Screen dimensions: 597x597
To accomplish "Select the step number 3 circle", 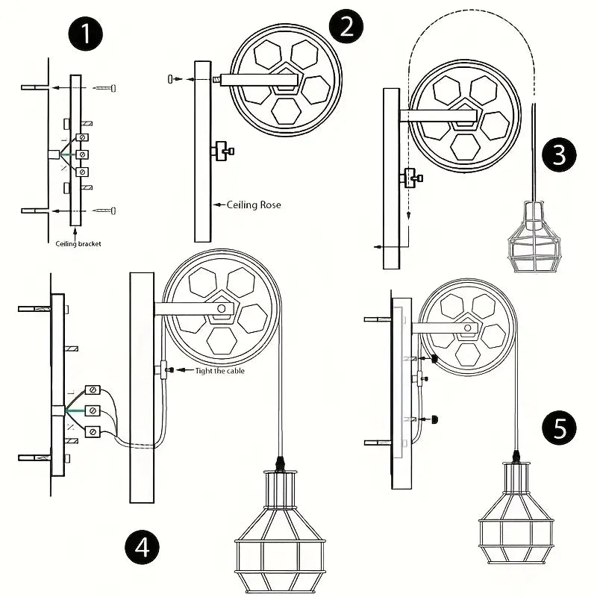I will point(560,154).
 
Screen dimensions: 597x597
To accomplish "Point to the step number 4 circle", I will point(142,548).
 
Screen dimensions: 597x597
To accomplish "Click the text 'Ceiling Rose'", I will point(254,204).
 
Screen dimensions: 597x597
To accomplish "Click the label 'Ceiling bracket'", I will point(78,244).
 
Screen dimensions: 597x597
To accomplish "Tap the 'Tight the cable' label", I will point(219,371).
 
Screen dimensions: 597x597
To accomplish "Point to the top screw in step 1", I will point(106,88).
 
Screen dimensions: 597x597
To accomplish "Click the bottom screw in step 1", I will point(106,211).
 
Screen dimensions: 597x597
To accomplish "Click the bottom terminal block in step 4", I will point(94,431).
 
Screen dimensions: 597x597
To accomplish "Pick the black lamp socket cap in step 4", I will point(281,463).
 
